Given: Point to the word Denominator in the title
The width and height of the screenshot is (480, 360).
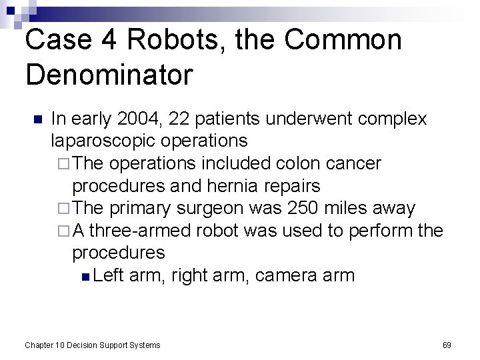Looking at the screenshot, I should point(109,74).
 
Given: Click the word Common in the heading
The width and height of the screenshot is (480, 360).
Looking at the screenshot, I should point(343,40).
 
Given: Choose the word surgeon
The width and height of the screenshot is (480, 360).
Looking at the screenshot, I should point(213,208).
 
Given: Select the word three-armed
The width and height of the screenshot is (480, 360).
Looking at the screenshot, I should point(141,231).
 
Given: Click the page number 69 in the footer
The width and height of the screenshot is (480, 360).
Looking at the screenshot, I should point(447,345).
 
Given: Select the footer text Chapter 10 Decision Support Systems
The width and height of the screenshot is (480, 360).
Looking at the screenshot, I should point(92,345).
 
